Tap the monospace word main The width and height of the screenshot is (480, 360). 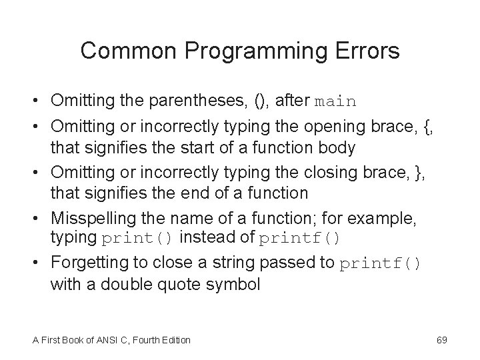coord(335,102)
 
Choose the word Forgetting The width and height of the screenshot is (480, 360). coord(87,263)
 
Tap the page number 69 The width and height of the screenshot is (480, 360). coord(441,340)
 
